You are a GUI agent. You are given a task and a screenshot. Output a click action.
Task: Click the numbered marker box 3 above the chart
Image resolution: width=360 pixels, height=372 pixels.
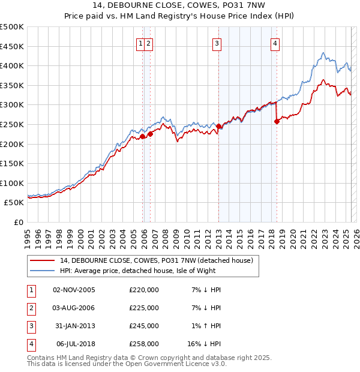click(x=216, y=43)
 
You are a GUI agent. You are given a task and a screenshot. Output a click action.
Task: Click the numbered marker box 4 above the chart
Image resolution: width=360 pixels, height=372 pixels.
click(x=274, y=43)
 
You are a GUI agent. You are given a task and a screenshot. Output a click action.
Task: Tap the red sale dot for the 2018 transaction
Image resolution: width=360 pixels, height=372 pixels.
click(x=277, y=121)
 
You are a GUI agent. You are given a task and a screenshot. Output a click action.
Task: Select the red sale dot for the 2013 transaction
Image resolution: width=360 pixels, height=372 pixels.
click(x=219, y=127)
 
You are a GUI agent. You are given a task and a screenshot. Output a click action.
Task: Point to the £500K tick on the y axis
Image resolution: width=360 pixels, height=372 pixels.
click(x=12, y=27)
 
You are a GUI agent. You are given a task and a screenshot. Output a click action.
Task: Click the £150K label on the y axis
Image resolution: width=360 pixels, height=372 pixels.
click(x=12, y=163)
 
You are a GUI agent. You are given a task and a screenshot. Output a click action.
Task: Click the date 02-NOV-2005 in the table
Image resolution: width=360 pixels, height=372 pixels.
click(x=74, y=290)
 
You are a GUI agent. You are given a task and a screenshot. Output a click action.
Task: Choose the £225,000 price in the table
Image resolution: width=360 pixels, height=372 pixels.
click(x=144, y=308)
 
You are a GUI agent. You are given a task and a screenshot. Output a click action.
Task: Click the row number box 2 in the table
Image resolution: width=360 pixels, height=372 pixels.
click(x=31, y=308)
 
